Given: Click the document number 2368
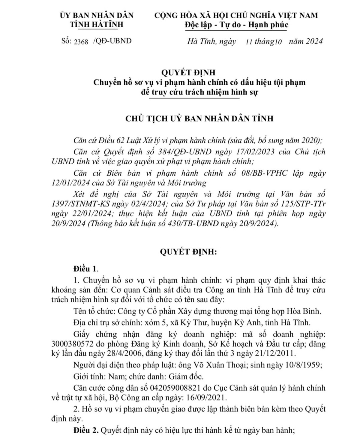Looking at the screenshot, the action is click(81, 42).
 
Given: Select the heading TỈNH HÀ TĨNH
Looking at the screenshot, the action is click(96, 24).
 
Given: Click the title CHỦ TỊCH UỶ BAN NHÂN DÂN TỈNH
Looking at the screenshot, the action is click(199, 118).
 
